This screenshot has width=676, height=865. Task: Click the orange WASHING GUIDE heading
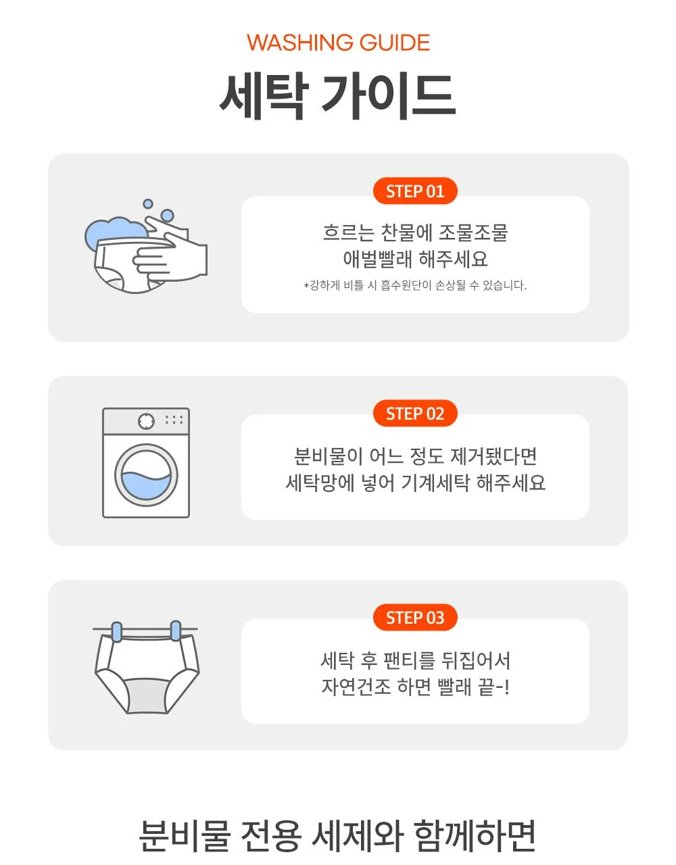click(x=338, y=43)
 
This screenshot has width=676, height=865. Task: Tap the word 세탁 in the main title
click(x=264, y=97)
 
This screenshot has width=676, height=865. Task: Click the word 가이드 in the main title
click(x=389, y=97)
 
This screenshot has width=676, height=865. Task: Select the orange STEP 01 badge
click(x=415, y=191)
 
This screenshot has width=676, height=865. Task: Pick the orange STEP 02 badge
click(x=415, y=413)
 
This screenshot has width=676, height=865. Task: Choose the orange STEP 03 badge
click(x=415, y=618)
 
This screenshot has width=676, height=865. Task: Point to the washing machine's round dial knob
click(x=146, y=421)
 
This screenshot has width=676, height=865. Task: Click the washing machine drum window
click(x=146, y=475)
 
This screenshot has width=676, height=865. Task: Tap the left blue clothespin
click(x=117, y=632)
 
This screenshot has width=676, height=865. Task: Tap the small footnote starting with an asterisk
click(x=415, y=285)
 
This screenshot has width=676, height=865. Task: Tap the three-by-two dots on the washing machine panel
click(x=174, y=420)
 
